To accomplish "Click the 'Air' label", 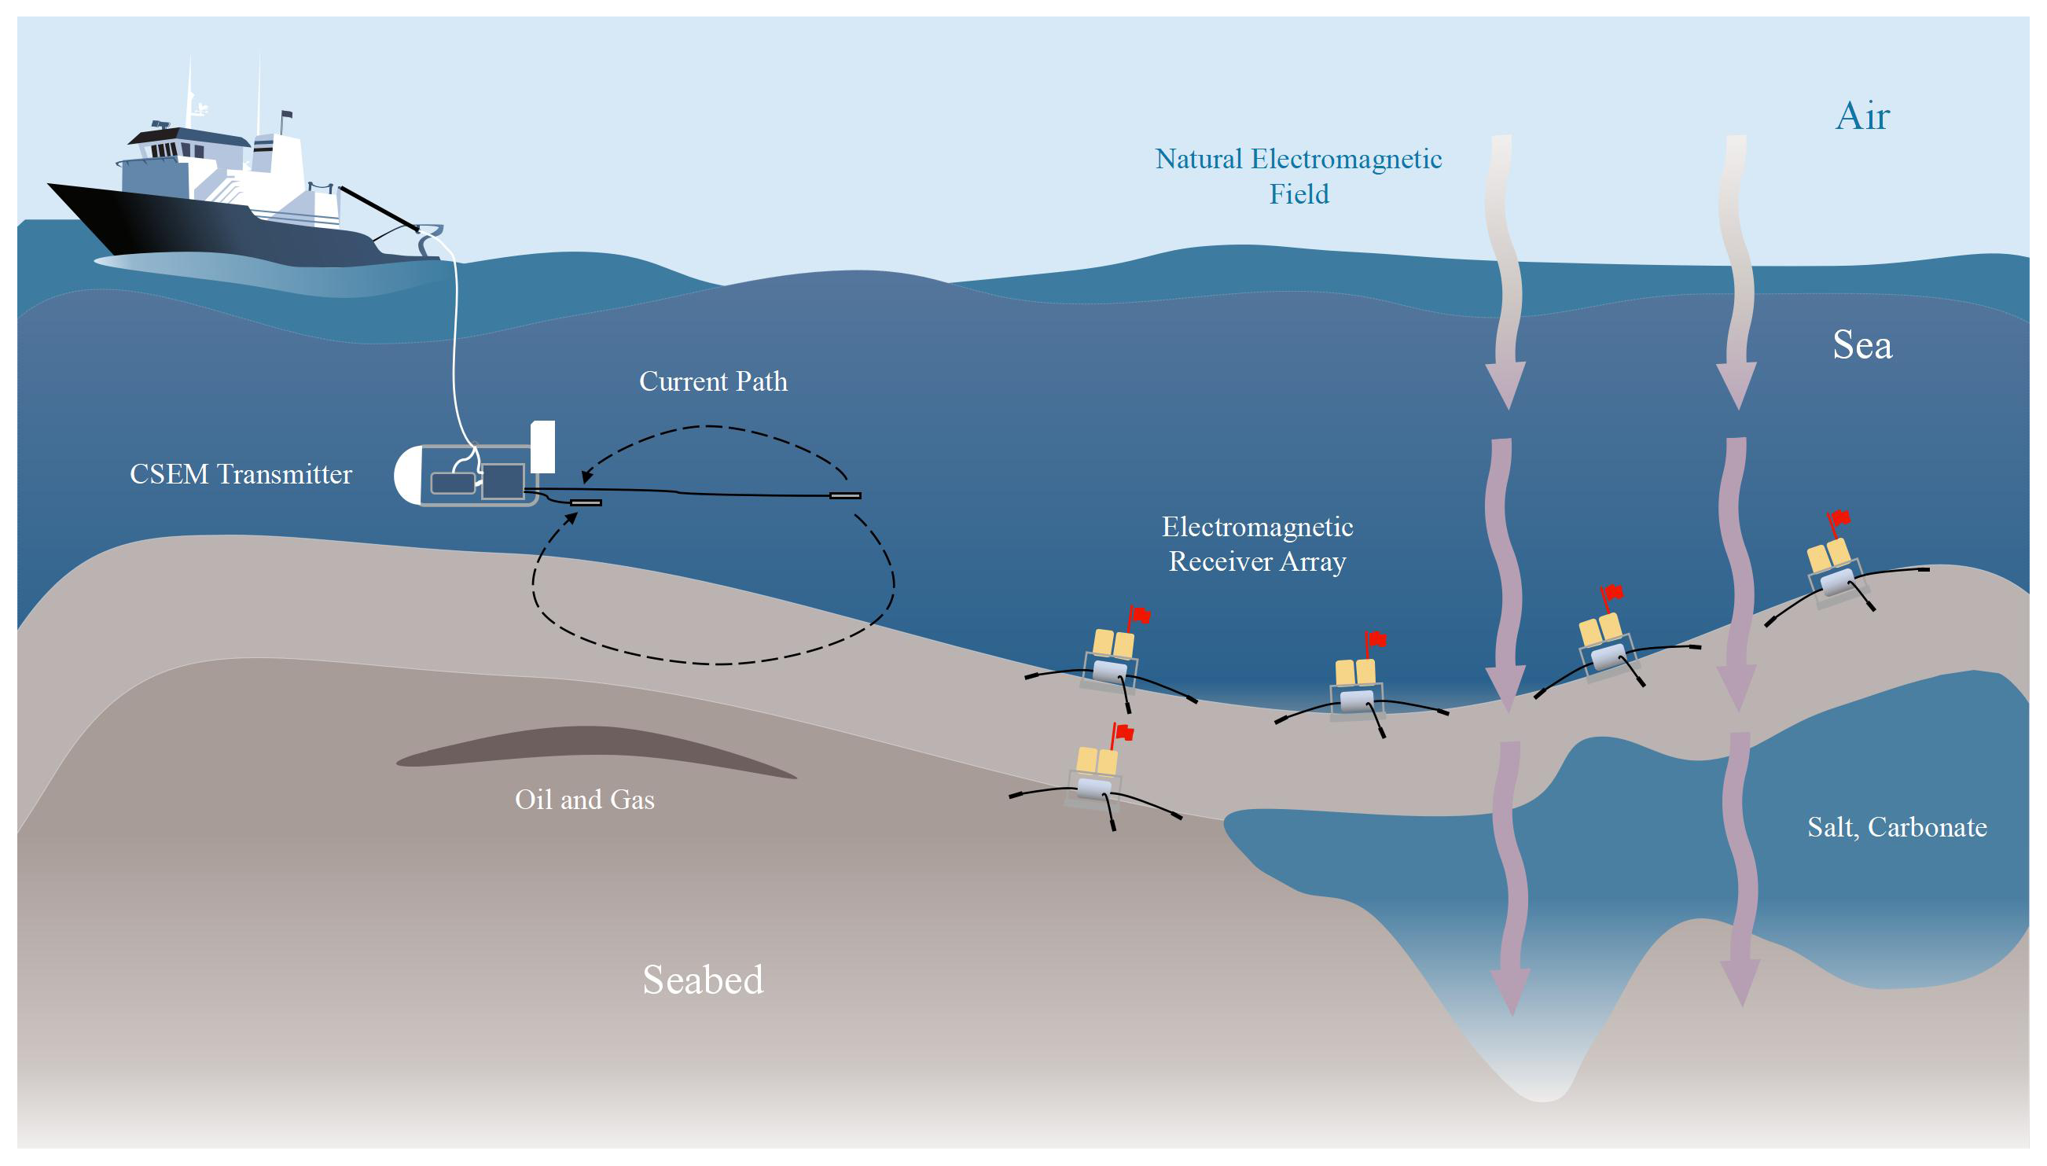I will pyautogui.click(x=1862, y=117).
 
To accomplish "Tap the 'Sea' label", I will pyautogui.click(x=1862, y=345).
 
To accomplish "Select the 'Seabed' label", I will pyautogui.click(x=703, y=980).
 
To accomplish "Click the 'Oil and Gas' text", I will pyautogui.click(x=584, y=800).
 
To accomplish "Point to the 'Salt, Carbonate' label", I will pyautogui.click(x=1897, y=826).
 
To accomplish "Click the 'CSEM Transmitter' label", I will pyautogui.click(x=241, y=474).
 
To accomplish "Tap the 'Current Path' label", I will pyautogui.click(x=712, y=381).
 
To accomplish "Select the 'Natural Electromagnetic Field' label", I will pyautogui.click(x=1298, y=176).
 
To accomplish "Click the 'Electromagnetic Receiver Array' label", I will pyautogui.click(x=1257, y=544).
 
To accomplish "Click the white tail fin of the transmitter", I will pyautogui.click(x=544, y=446).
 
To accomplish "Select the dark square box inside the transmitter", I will pyautogui.click(x=503, y=480).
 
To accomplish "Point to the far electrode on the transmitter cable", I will pyautogui.click(x=844, y=495).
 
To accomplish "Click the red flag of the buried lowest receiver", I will pyautogui.click(x=1124, y=731).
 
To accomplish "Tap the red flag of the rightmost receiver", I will pyautogui.click(x=1840, y=518).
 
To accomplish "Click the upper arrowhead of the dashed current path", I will pyautogui.click(x=586, y=476).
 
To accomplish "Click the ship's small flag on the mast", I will pyautogui.click(x=287, y=116).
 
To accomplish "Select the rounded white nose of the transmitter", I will pyautogui.click(x=406, y=475).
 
